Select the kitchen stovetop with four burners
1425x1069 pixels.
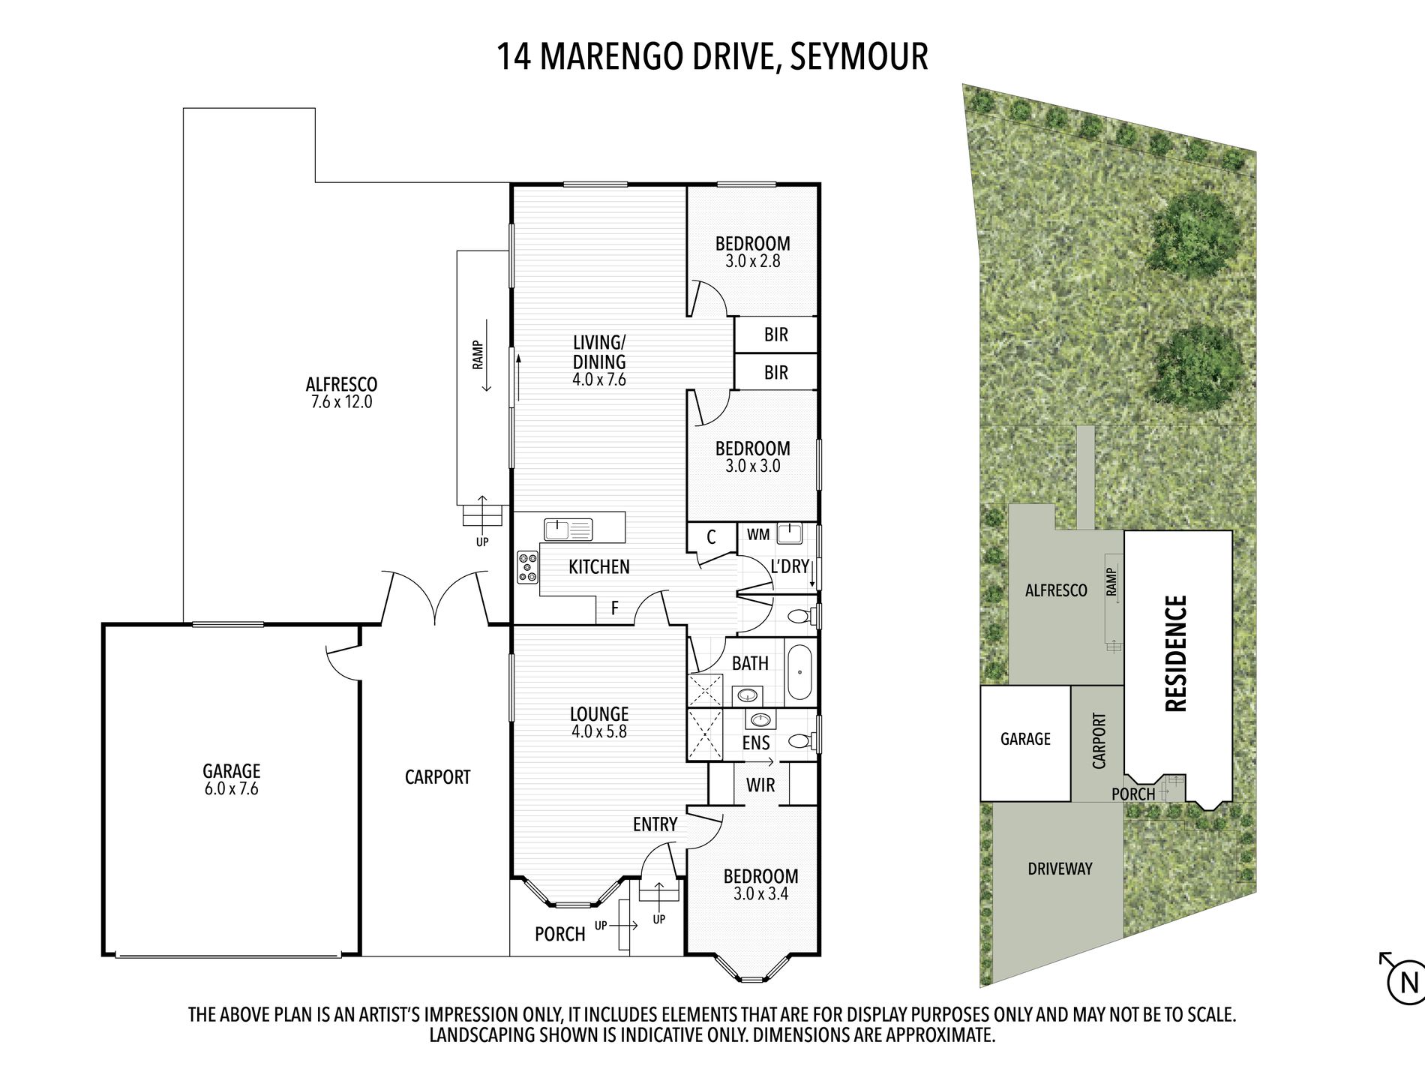(x=527, y=567)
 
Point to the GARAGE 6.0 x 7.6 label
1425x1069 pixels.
(x=231, y=779)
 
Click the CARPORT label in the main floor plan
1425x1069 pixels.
(x=437, y=777)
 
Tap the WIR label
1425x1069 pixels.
(x=760, y=785)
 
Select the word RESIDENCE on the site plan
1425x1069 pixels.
(x=1175, y=653)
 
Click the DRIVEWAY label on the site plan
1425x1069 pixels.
(x=1060, y=869)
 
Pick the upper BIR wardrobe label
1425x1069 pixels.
(x=776, y=335)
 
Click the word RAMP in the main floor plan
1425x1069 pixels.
(x=477, y=355)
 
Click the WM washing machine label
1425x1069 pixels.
(x=758, y=535)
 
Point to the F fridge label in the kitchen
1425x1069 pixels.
(x=615, y=608)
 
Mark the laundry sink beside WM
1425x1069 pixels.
(x=790, y=533)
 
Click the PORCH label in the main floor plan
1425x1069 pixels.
(x=559, y=934)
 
